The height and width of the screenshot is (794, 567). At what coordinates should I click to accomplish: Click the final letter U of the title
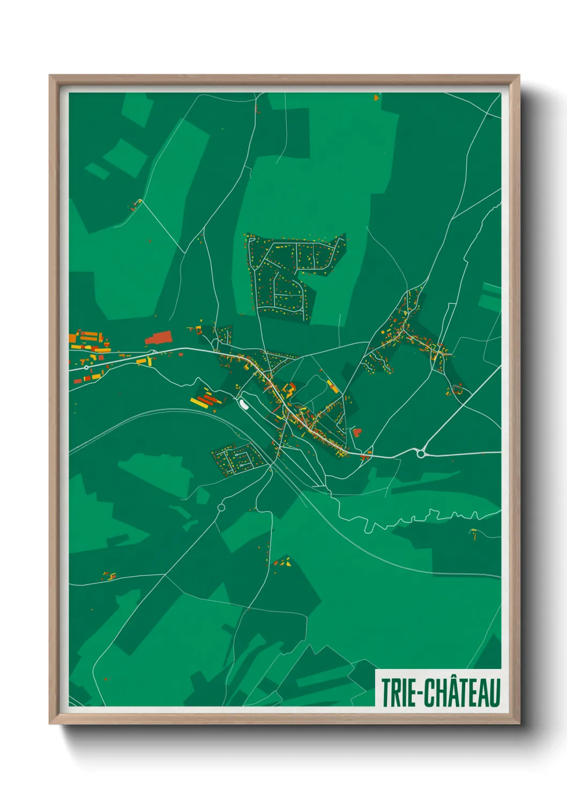pos(494,693)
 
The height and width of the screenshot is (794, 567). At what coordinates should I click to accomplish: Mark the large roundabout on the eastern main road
pos(421,454)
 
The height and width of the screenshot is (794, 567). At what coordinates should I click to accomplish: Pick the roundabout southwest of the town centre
pos(221,507)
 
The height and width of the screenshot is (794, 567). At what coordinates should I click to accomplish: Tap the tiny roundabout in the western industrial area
pos(86,367)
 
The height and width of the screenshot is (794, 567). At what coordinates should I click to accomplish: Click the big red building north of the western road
pos(158,337)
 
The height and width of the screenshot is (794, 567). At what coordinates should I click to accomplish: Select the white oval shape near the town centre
pos(243,402)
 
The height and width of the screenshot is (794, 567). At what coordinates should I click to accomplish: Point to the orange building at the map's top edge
pos(377,98)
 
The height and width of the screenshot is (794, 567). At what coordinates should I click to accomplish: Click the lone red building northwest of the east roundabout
pos(357,432)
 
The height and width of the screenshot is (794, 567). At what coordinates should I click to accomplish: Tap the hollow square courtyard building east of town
pos(457,388)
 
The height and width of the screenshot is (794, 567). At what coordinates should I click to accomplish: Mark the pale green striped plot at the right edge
pos(490,296)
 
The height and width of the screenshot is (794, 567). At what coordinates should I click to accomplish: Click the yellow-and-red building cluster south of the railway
pos(282,562)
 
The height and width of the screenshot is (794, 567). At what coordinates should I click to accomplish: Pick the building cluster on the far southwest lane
pos(109,576)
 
